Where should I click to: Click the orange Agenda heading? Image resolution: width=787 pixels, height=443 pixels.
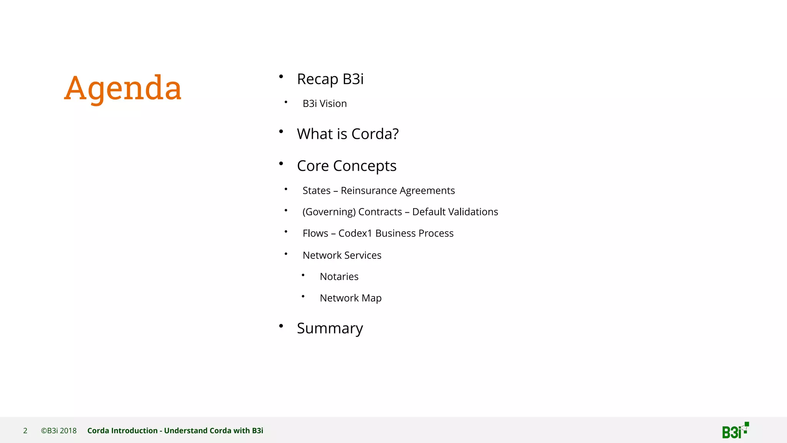pyautogui.click(x=123, y=88)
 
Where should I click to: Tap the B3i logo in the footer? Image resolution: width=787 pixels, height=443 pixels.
pyautogui.click(x=735, y=431)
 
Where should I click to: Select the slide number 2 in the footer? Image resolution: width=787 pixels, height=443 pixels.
pyautogui.click(x=25, y=431)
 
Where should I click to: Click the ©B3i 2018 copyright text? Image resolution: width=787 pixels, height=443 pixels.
pyautogui.click(x=59, y=431)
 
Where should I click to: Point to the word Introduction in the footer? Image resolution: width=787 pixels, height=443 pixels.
pyautogui.click(x=134, y=431)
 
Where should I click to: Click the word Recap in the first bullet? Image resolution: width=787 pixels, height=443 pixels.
pyautogui.click(x=317, y=79)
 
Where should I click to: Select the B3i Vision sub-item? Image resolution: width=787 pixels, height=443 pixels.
pyautogui.click(x=325, y=103)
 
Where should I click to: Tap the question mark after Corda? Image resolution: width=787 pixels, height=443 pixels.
pyautogui.click(x=395, y=134)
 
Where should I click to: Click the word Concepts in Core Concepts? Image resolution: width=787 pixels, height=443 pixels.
pyautogui.click(x=365, y=166)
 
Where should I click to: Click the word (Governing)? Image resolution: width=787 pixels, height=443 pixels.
pyautogui.click(x=329, y=212)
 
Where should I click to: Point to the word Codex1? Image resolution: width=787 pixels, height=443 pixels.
pyautogui.click(x=355, y=233)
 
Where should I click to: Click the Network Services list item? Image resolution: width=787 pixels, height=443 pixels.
pyautogui.click(x=342, y=255)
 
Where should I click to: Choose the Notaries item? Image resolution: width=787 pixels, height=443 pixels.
pyautogui.click(x=339, y=276)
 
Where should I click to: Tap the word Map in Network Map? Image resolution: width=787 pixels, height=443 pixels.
pyautogui.click(x=372, y=298)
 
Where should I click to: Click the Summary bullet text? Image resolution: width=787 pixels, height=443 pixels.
pyautogui.click(x=330, y=328)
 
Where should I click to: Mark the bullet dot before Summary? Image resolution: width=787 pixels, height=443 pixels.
pyautogui.click(x=281, y=326)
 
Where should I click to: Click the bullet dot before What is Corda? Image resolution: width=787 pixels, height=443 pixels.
pyautogui.click(x=281, y=132)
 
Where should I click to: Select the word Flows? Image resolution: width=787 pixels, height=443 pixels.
pyautogui.click(x=315, y=233)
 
